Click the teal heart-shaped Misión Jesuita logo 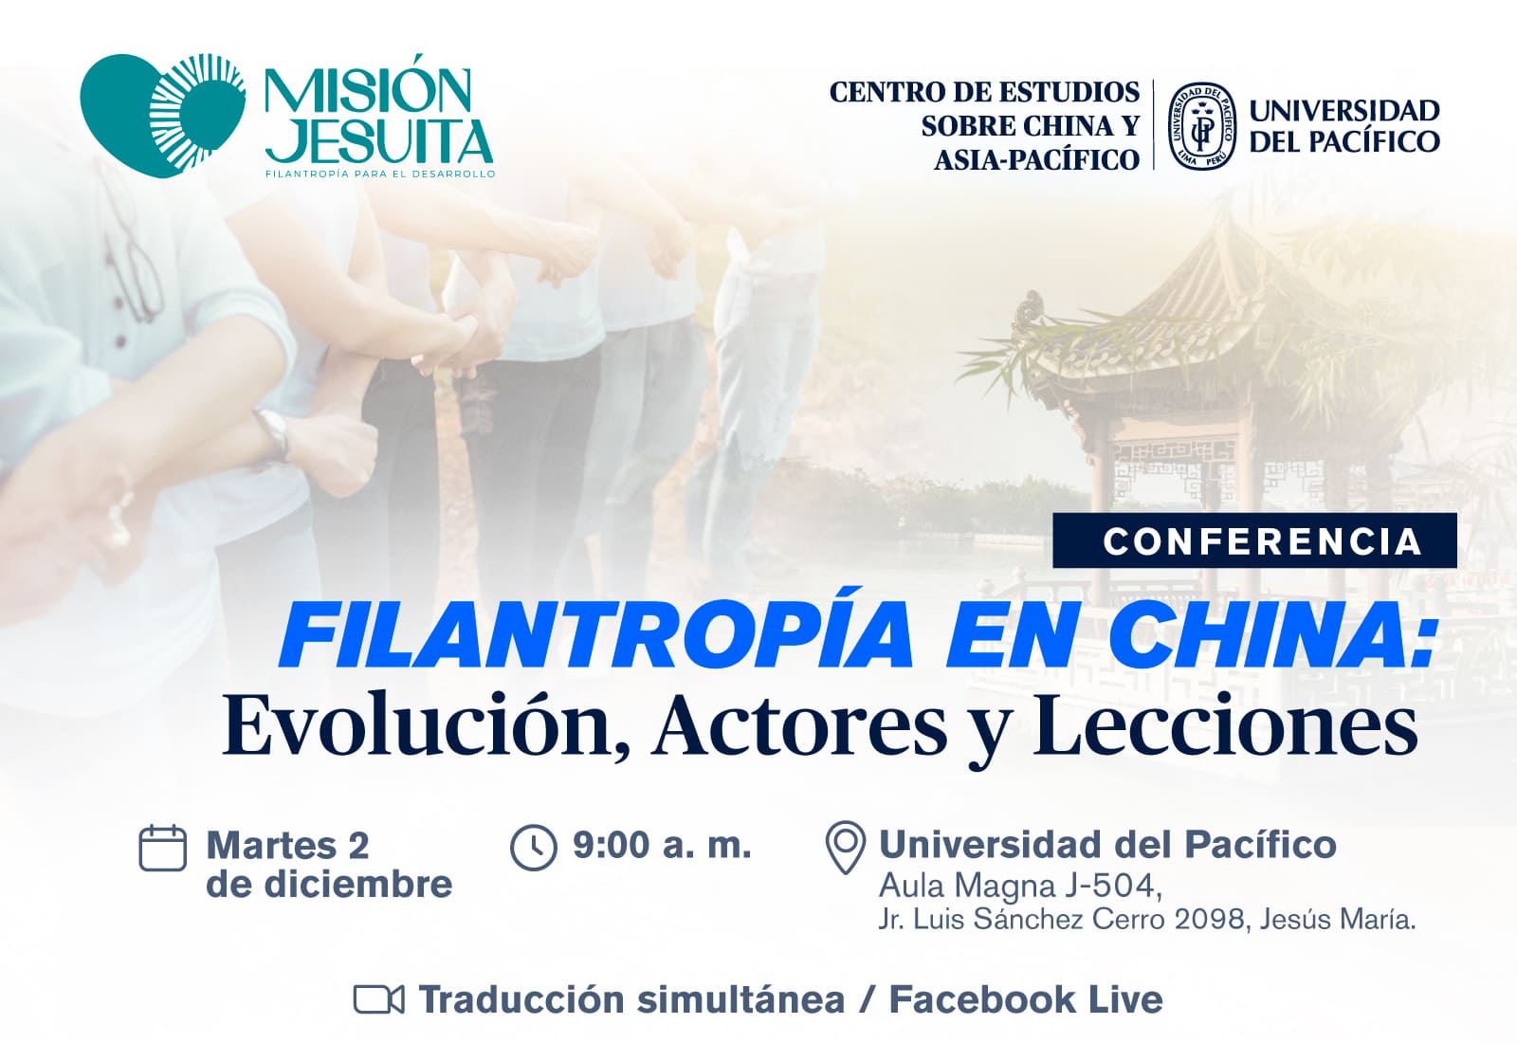162,115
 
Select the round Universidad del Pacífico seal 1202,126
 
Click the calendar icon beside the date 162,848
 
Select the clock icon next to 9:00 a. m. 534,848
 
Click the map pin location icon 846,848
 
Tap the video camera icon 378,999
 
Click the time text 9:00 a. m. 663,845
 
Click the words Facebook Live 1026,999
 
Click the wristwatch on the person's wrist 274,433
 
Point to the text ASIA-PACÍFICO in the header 1037,160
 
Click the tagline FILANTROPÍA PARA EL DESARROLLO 380,174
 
